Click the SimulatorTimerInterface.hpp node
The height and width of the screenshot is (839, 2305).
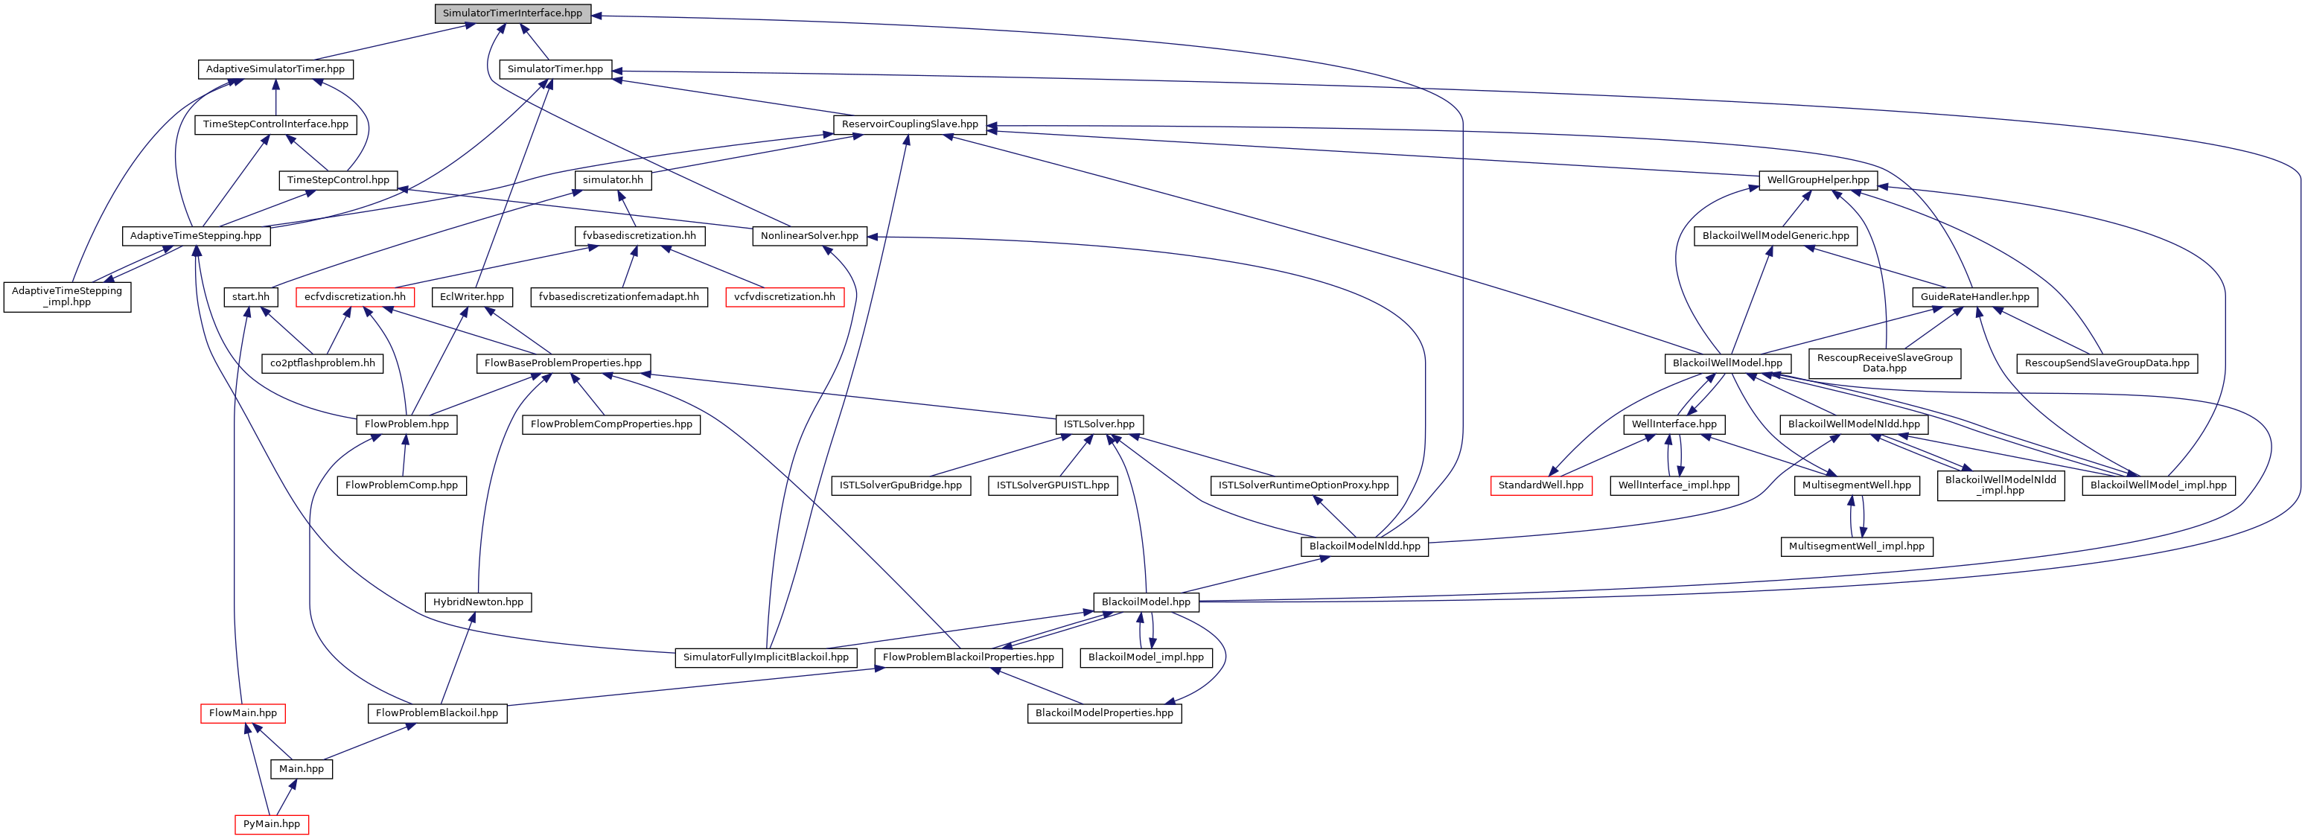[511, 13]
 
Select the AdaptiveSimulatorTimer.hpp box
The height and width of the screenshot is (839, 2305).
[275, 69]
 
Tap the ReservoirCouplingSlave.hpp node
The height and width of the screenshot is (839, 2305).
[909, 124]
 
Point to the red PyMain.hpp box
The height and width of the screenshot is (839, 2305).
[271, 824]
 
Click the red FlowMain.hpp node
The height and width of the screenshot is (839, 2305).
[243, 713]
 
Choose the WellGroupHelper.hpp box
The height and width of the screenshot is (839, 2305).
[1817, 180]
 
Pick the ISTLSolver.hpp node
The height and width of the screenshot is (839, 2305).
[1099, 424]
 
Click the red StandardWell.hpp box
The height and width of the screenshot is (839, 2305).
[1541, 485]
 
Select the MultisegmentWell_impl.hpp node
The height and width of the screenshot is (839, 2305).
[1857, 546]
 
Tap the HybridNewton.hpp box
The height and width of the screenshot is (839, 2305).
[478, 602]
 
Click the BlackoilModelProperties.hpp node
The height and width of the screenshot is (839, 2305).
[1104, 713]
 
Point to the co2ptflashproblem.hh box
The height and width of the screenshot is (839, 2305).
[323, 363]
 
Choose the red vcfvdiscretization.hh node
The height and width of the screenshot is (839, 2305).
[784, 296]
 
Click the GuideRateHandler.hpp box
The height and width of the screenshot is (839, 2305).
[1975, 296]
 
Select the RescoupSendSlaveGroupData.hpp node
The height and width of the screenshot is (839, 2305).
[2107, 363]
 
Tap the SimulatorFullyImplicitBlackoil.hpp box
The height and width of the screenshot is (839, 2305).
[766, 657]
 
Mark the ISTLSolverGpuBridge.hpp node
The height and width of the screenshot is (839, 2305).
[900, 485]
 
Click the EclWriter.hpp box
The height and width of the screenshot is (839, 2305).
[471, 296]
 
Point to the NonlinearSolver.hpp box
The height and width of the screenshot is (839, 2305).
[809, 235]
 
